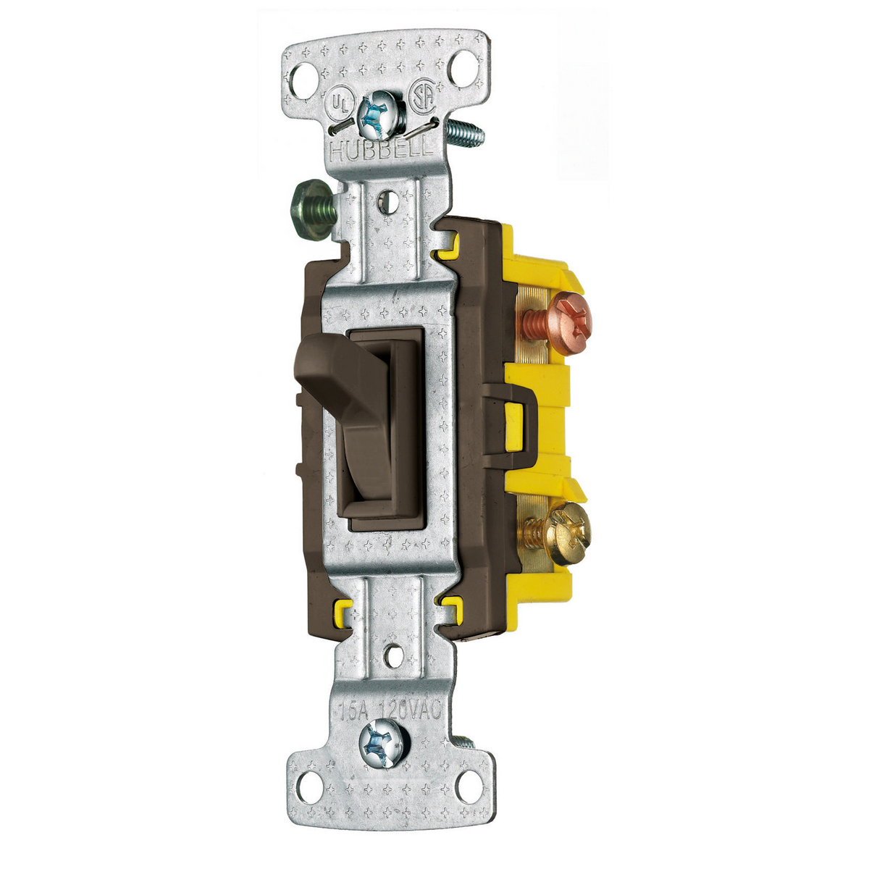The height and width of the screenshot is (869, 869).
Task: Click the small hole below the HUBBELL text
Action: [388, 198]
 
